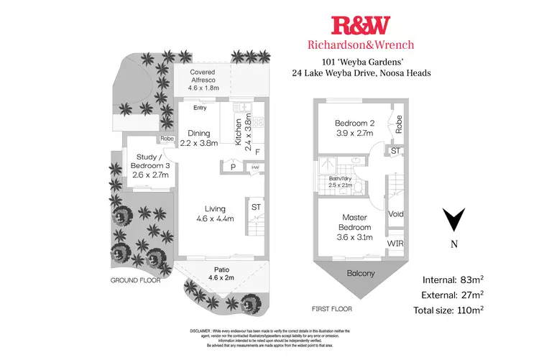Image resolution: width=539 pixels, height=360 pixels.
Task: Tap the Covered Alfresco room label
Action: tap(203, 78)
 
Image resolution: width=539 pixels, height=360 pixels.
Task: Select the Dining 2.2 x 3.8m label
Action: tap(199, 138)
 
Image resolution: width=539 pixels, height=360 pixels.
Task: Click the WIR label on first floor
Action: tap(395, 244)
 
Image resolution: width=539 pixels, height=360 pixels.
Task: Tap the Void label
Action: tap(395, 214)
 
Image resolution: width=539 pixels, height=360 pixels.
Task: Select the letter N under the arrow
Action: tap(453, 244)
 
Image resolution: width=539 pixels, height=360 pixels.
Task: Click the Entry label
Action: tap(200, 108)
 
